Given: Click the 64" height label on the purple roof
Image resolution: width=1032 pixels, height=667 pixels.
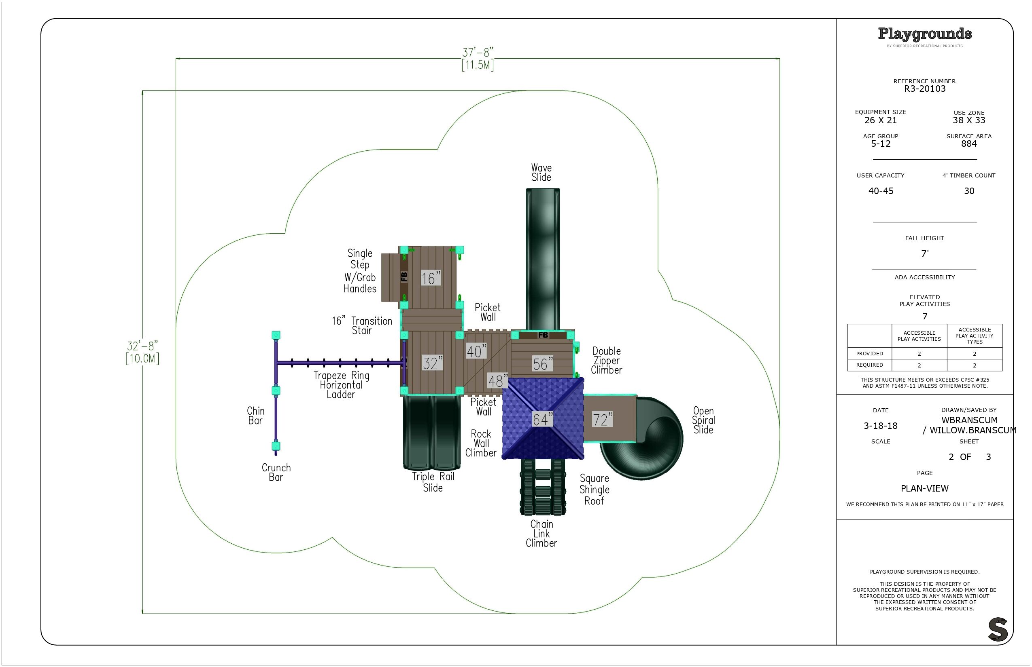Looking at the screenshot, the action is [542, 419].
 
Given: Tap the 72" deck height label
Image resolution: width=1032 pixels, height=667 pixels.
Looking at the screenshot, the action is [602, 419].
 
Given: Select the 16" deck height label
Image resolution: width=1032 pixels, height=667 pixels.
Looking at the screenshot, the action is [431, 278].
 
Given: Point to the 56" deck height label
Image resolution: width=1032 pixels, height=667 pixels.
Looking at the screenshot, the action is [543, 364].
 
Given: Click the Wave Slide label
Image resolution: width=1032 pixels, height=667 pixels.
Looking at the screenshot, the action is [541, 172].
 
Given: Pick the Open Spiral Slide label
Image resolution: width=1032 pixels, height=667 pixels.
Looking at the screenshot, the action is [703, 420].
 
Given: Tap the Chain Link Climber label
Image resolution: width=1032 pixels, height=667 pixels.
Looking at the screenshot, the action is [541, 533].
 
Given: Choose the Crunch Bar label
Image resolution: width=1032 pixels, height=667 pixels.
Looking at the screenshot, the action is [276, 472].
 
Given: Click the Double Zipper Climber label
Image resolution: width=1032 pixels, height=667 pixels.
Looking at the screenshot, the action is [607, 360].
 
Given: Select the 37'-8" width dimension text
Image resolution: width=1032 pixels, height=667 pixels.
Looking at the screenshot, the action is [478, 53].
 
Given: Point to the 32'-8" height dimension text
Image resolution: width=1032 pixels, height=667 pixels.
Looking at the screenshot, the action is [142, 346].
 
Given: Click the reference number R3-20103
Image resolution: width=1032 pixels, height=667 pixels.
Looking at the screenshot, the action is [924, 89].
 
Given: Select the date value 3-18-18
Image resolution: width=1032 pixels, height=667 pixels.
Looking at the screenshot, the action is [880, 426].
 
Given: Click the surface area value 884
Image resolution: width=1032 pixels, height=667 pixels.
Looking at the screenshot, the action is [969, 144].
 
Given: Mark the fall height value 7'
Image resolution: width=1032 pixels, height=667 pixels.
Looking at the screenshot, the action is [925, 253].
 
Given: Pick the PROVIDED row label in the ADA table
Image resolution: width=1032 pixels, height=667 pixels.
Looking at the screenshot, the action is [869, 353].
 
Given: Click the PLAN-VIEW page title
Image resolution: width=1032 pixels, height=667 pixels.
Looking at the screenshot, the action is [924, 489].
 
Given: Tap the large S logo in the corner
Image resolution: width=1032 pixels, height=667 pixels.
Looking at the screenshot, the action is [997, 629].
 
